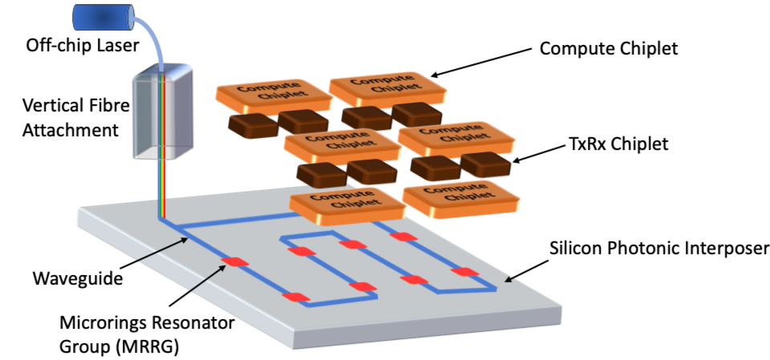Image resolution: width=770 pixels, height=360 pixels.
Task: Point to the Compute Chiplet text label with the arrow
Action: point(609,49)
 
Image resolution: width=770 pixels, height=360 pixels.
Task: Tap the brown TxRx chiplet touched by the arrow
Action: point(485,164)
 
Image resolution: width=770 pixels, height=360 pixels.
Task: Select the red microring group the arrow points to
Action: point(237,262)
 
